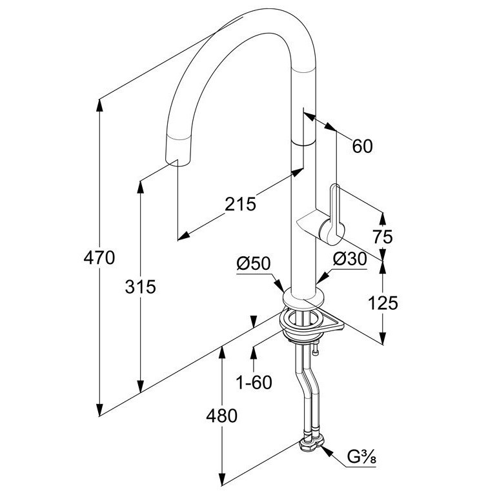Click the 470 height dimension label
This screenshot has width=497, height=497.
(99, 258)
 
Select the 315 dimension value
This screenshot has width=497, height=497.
(141, 287)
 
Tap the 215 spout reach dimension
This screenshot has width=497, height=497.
(240, 204)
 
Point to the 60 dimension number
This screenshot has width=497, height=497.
(363, 147)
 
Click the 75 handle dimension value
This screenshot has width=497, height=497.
(383, 237)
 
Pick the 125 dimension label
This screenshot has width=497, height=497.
(383, 303)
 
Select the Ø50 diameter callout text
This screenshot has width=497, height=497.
(254, 263)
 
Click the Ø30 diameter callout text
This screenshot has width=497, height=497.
(350, 259)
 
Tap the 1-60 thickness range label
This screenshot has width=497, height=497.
(254, 382)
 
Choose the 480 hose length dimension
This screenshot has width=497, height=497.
(221, 416)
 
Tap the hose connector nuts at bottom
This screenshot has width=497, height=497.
(312, 441)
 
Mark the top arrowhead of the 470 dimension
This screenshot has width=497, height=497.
(99, 105)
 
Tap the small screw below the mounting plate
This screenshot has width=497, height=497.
(314, 349)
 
